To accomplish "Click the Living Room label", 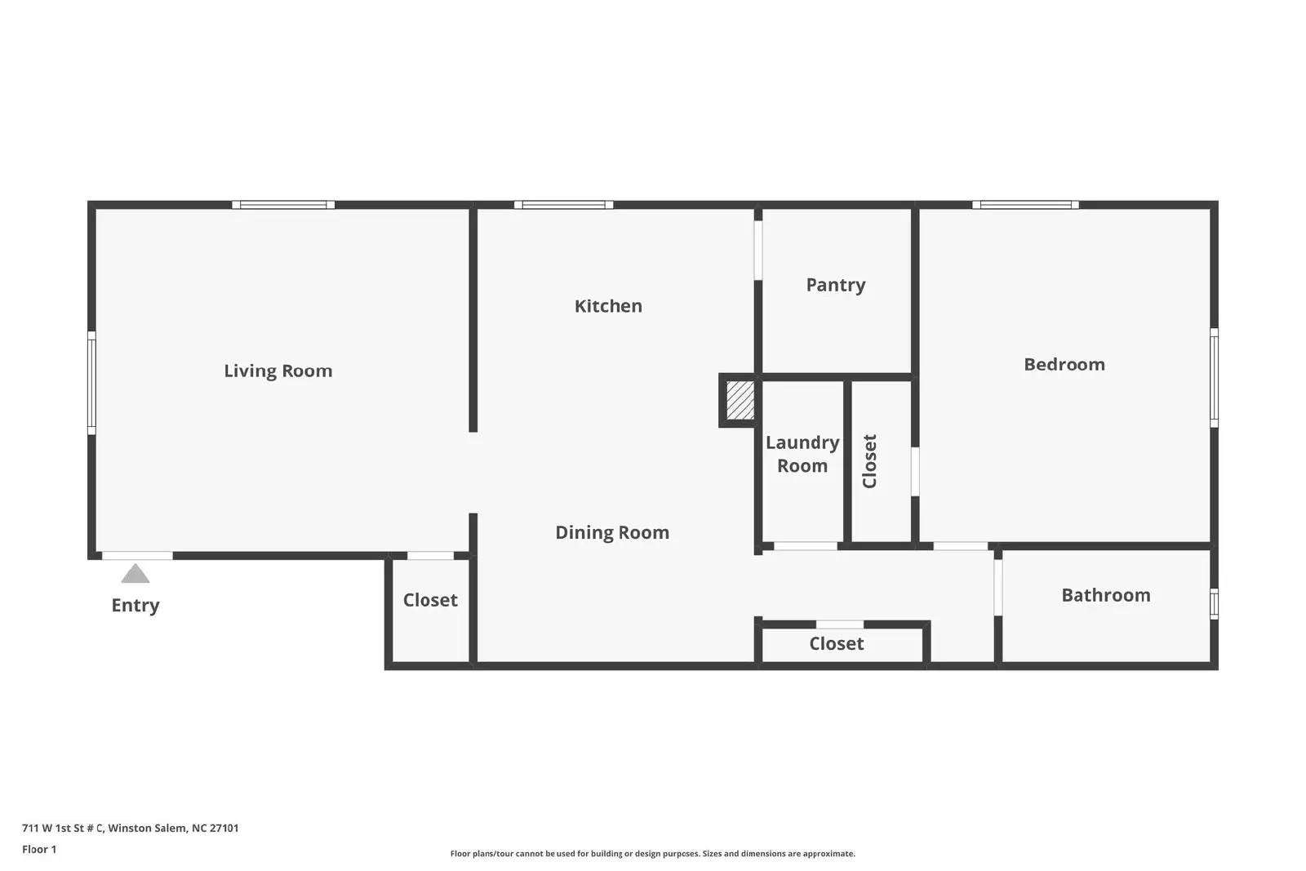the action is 278,371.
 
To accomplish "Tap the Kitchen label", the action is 608,305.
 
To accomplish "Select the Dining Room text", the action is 612,532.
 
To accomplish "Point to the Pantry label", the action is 836,285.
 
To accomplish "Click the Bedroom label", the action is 1064,364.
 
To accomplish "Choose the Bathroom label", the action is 1106,595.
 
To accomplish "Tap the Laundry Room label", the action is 802,454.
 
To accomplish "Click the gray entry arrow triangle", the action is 135,574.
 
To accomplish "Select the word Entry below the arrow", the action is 135,605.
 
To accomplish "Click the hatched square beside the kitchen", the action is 740,400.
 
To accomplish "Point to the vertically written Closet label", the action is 869,461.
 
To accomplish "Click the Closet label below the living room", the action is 430,600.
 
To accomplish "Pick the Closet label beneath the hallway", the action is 836,643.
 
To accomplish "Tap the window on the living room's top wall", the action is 283,205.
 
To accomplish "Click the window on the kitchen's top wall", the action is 564,205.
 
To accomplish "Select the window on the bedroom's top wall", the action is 1025,205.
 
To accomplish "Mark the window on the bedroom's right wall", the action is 1214,378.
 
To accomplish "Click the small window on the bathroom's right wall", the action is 1214,604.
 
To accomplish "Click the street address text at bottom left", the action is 130,828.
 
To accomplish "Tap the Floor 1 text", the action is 39,850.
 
